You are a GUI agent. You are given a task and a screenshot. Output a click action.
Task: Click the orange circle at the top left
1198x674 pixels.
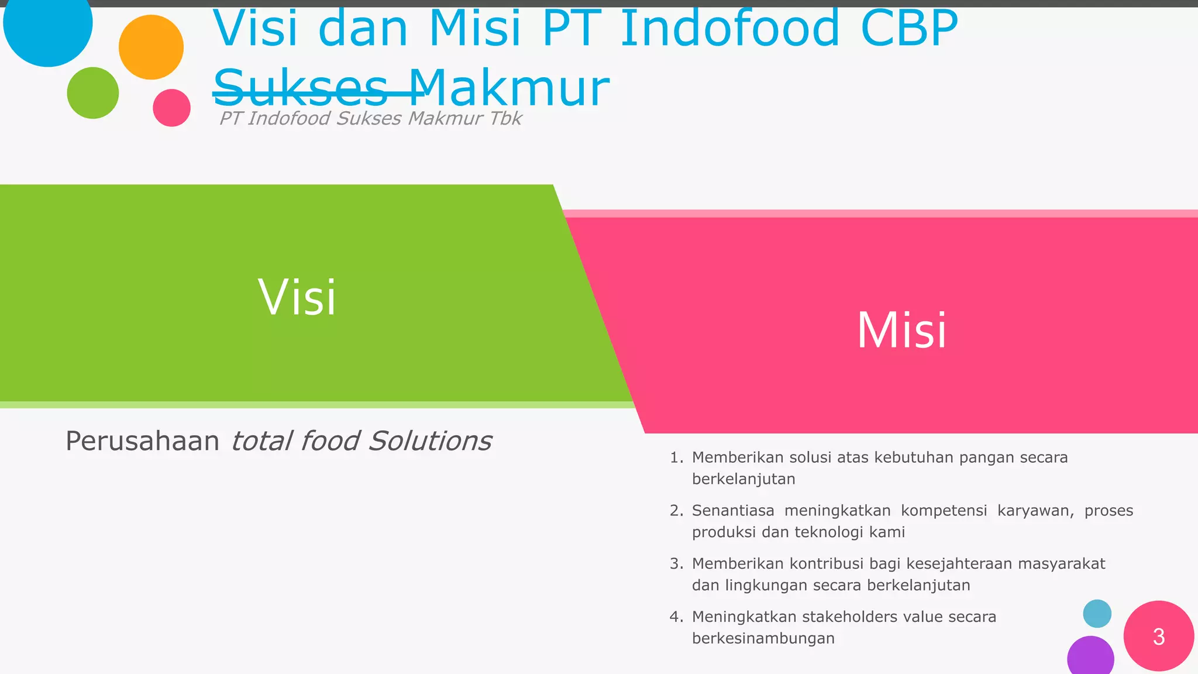[151, 47]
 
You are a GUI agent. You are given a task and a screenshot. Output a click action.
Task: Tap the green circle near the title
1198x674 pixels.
[93, 93]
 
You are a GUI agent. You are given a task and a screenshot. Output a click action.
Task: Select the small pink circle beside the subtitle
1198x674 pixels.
[171, 108]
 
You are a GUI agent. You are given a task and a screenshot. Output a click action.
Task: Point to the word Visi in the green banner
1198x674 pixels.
[297, 297]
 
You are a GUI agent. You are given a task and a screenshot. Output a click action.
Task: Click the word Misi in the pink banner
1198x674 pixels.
[901, 331]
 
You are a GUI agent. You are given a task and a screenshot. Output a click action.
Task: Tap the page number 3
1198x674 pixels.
[1158, 637]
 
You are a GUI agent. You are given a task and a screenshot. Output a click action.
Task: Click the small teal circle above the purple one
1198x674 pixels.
[1097, 614]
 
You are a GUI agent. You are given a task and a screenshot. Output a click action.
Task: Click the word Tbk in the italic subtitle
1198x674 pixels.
[505, 118]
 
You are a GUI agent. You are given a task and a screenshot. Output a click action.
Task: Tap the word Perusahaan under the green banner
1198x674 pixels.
[142, 441]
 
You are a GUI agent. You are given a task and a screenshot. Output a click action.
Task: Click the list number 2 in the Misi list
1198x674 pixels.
[676, 511]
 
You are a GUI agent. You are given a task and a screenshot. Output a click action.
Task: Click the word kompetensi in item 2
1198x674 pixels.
[944, 511]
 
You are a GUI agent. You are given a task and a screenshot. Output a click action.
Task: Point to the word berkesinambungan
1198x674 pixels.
[763, 638]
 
